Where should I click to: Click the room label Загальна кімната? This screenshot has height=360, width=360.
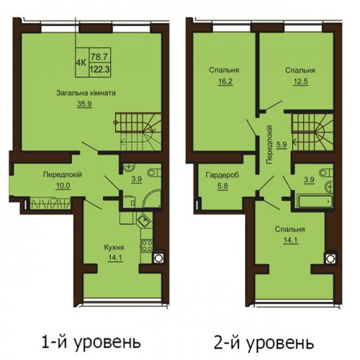(x=86, y=93)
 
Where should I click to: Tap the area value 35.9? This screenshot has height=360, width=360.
(x=84, y=104)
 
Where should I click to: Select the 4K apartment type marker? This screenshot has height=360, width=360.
(x=81, y=63)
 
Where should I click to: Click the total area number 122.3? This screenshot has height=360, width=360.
(x=99, y=70)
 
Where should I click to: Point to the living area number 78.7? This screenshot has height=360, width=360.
(x=99, y=57)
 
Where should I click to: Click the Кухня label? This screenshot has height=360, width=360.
(x=114, y=247)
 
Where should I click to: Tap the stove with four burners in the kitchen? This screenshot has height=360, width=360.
(x=146, y=246)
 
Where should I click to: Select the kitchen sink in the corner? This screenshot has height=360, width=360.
(x=144, y=220)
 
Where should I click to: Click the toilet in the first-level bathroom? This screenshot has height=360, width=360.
(x=154, y=173)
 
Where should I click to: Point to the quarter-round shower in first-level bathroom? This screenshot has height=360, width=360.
(x=152, y=199)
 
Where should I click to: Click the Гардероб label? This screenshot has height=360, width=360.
(x=222, y=176)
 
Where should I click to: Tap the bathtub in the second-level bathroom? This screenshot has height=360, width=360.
(x=315, y=202)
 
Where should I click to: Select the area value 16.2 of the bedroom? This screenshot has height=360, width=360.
(x=225, y=81)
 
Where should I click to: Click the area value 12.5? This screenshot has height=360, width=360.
(x=300, y=81)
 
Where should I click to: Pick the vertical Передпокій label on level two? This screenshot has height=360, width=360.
(x=269, y=145)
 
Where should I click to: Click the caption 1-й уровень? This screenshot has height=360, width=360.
(x=91, y=342)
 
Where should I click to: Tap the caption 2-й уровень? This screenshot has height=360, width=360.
(x=264, y=342)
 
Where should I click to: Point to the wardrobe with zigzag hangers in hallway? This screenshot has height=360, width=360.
(x=50, y=204)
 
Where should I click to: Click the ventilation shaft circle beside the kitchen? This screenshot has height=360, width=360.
(x=158, y=258)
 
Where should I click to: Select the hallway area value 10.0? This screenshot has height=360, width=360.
(x=63, y=186)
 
